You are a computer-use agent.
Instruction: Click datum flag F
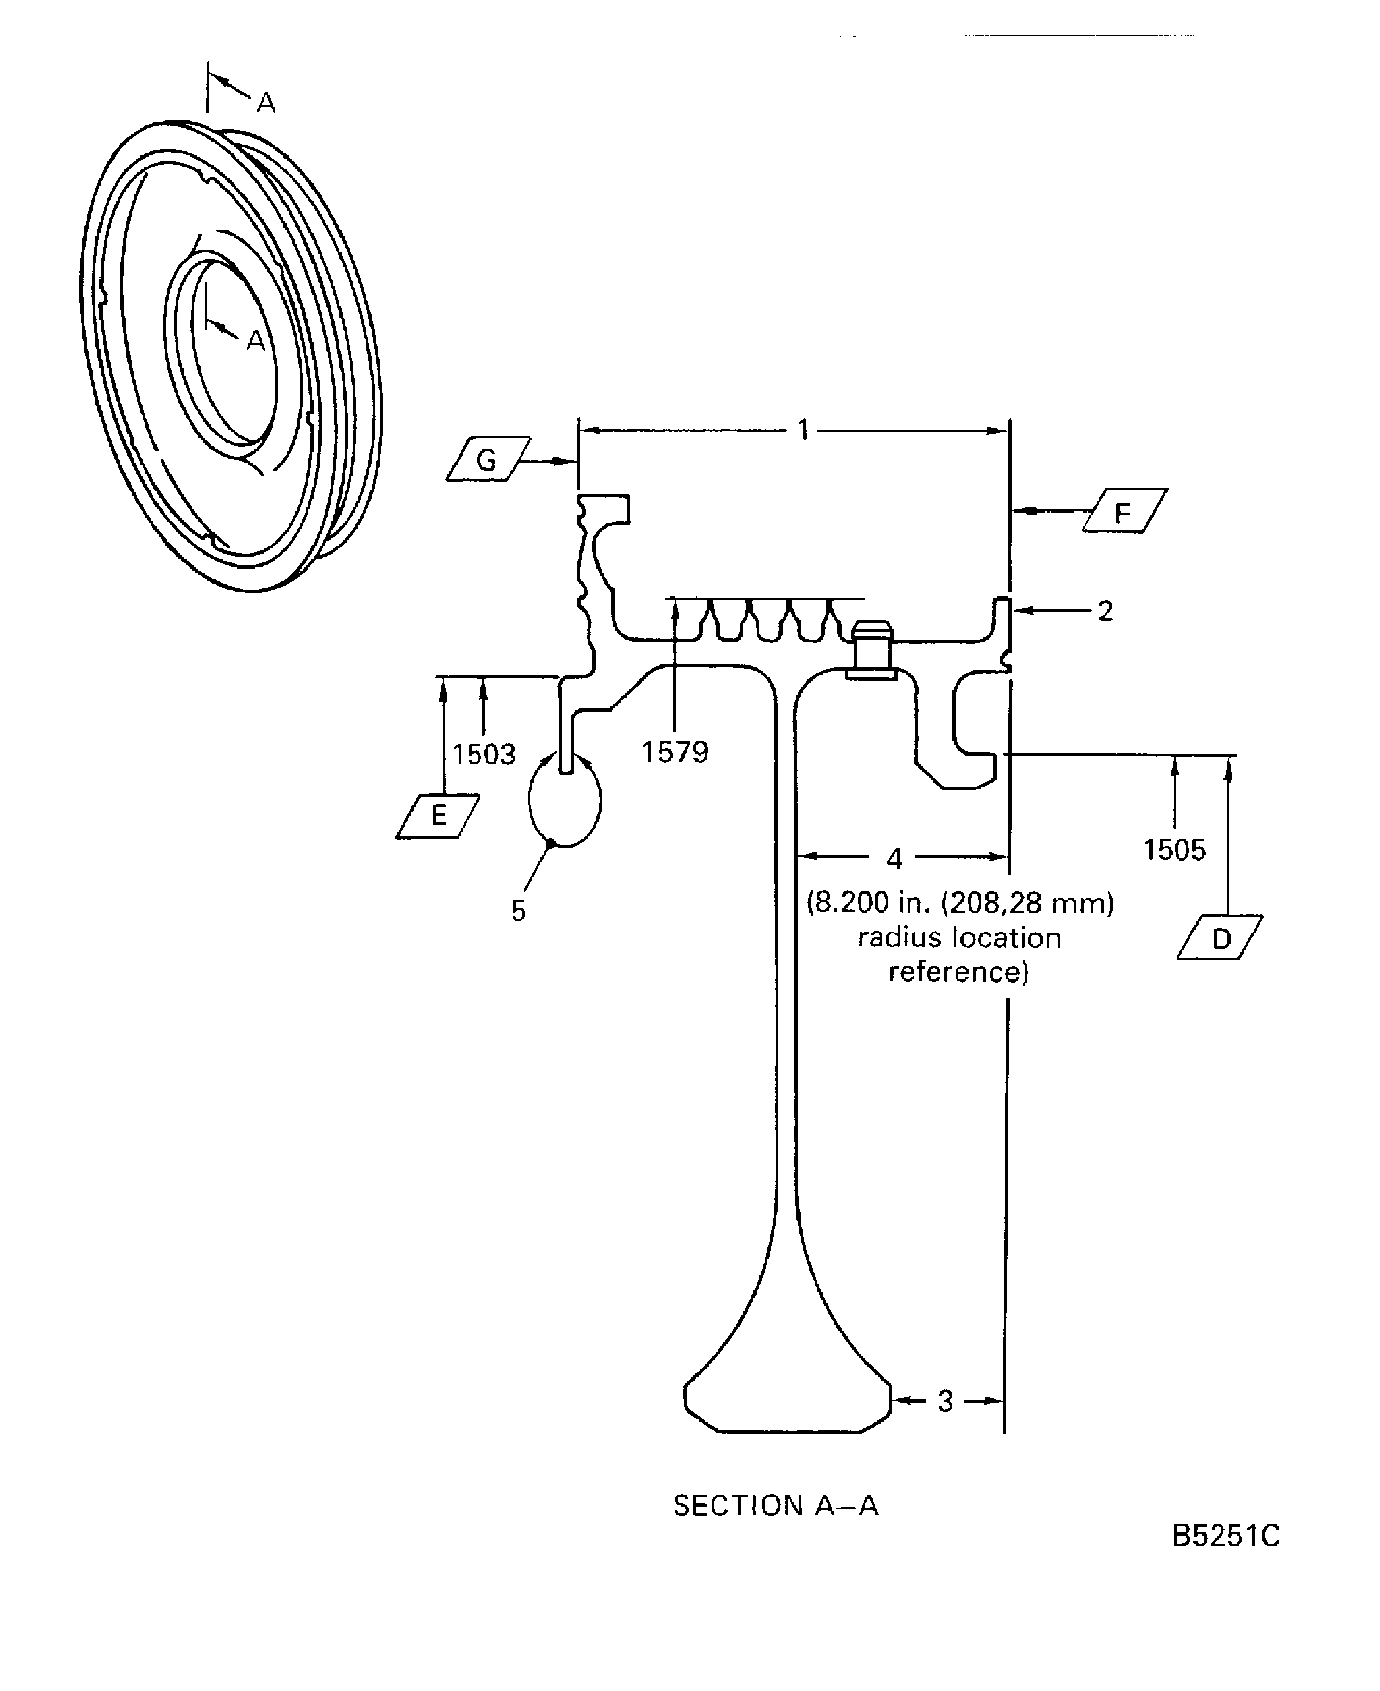click(1124, 510)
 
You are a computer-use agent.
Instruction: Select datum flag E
click(438, 816)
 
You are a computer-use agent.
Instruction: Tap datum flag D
click(1220, 938)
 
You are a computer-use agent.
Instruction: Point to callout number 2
click(1105, 610)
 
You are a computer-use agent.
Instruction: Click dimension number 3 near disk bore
click(945, 1401)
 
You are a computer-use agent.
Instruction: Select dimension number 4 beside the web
click(894, 859)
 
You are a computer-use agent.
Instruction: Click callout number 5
click(518, 911)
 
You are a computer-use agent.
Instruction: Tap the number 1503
click(484, 754)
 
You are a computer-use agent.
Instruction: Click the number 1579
click(675, 751)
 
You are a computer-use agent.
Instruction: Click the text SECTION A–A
click(776, 1505)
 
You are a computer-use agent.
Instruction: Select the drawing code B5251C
click(1226, 1557)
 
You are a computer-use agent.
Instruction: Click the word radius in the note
click(892, 937)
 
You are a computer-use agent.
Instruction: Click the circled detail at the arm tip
click(564, 801)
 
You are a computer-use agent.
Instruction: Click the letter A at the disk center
click(255, 340)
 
